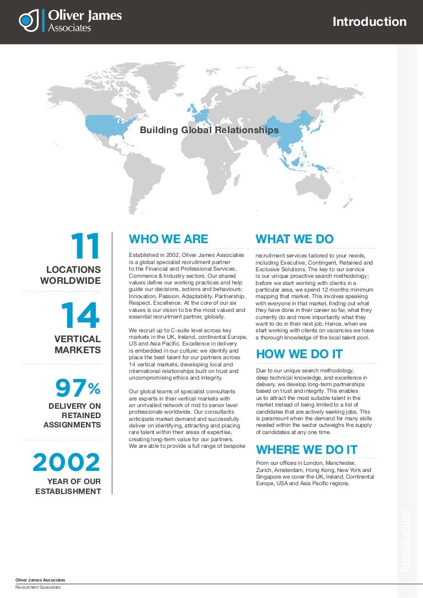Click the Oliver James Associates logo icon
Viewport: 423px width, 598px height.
[x=28, y=21]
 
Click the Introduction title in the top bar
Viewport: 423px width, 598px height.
[x=370, y=22]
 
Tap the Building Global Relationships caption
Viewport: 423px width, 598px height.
[x=209, y=130]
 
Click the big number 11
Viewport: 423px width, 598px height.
[x=85, y=246]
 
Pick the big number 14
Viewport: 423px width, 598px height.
[x=80, y=316]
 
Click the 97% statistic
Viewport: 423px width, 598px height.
[x=77, y=388]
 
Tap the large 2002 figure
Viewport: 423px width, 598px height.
[x=67, y=463]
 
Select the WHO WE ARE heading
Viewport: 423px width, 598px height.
[x=169, y=239]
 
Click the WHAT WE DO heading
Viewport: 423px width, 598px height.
[x=295, y=239]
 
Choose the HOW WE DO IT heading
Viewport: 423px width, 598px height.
[x=299, y=354]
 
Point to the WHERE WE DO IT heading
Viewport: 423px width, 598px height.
[x=307, y=449]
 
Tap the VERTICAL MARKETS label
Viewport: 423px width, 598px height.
[x=78, y=344]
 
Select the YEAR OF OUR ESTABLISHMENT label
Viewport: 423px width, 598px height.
[x=68, y=486]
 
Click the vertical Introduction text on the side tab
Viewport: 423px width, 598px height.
[x=406, y=539]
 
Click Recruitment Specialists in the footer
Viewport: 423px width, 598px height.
[x=38, y=588]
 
